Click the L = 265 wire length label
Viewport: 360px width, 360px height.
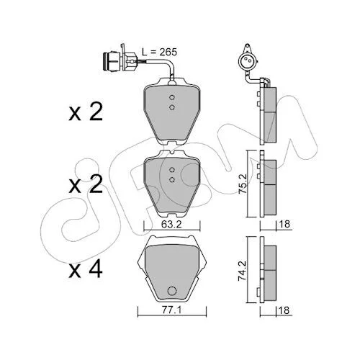pos(159,52)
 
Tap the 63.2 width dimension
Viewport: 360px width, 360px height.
pos(171,225)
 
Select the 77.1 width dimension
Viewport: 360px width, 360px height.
pos(171,310)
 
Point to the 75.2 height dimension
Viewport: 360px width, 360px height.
pos(242,184)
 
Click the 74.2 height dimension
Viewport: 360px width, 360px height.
pos(242,271)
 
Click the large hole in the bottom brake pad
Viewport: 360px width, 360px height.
pos(172,291)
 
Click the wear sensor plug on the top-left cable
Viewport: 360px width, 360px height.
pos(120,61)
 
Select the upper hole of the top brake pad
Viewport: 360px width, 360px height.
pos(171,97)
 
